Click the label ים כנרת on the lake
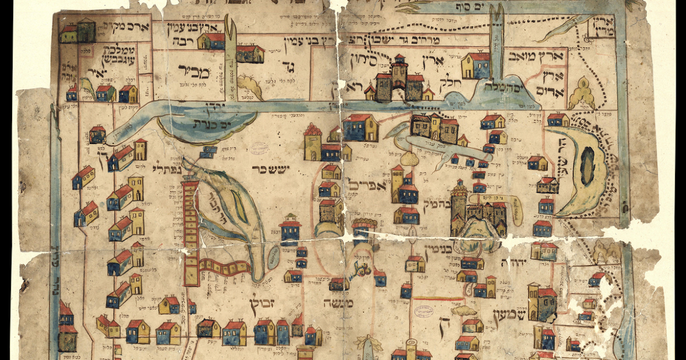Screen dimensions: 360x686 point(206,123)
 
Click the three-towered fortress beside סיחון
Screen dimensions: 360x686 point(398,80)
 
